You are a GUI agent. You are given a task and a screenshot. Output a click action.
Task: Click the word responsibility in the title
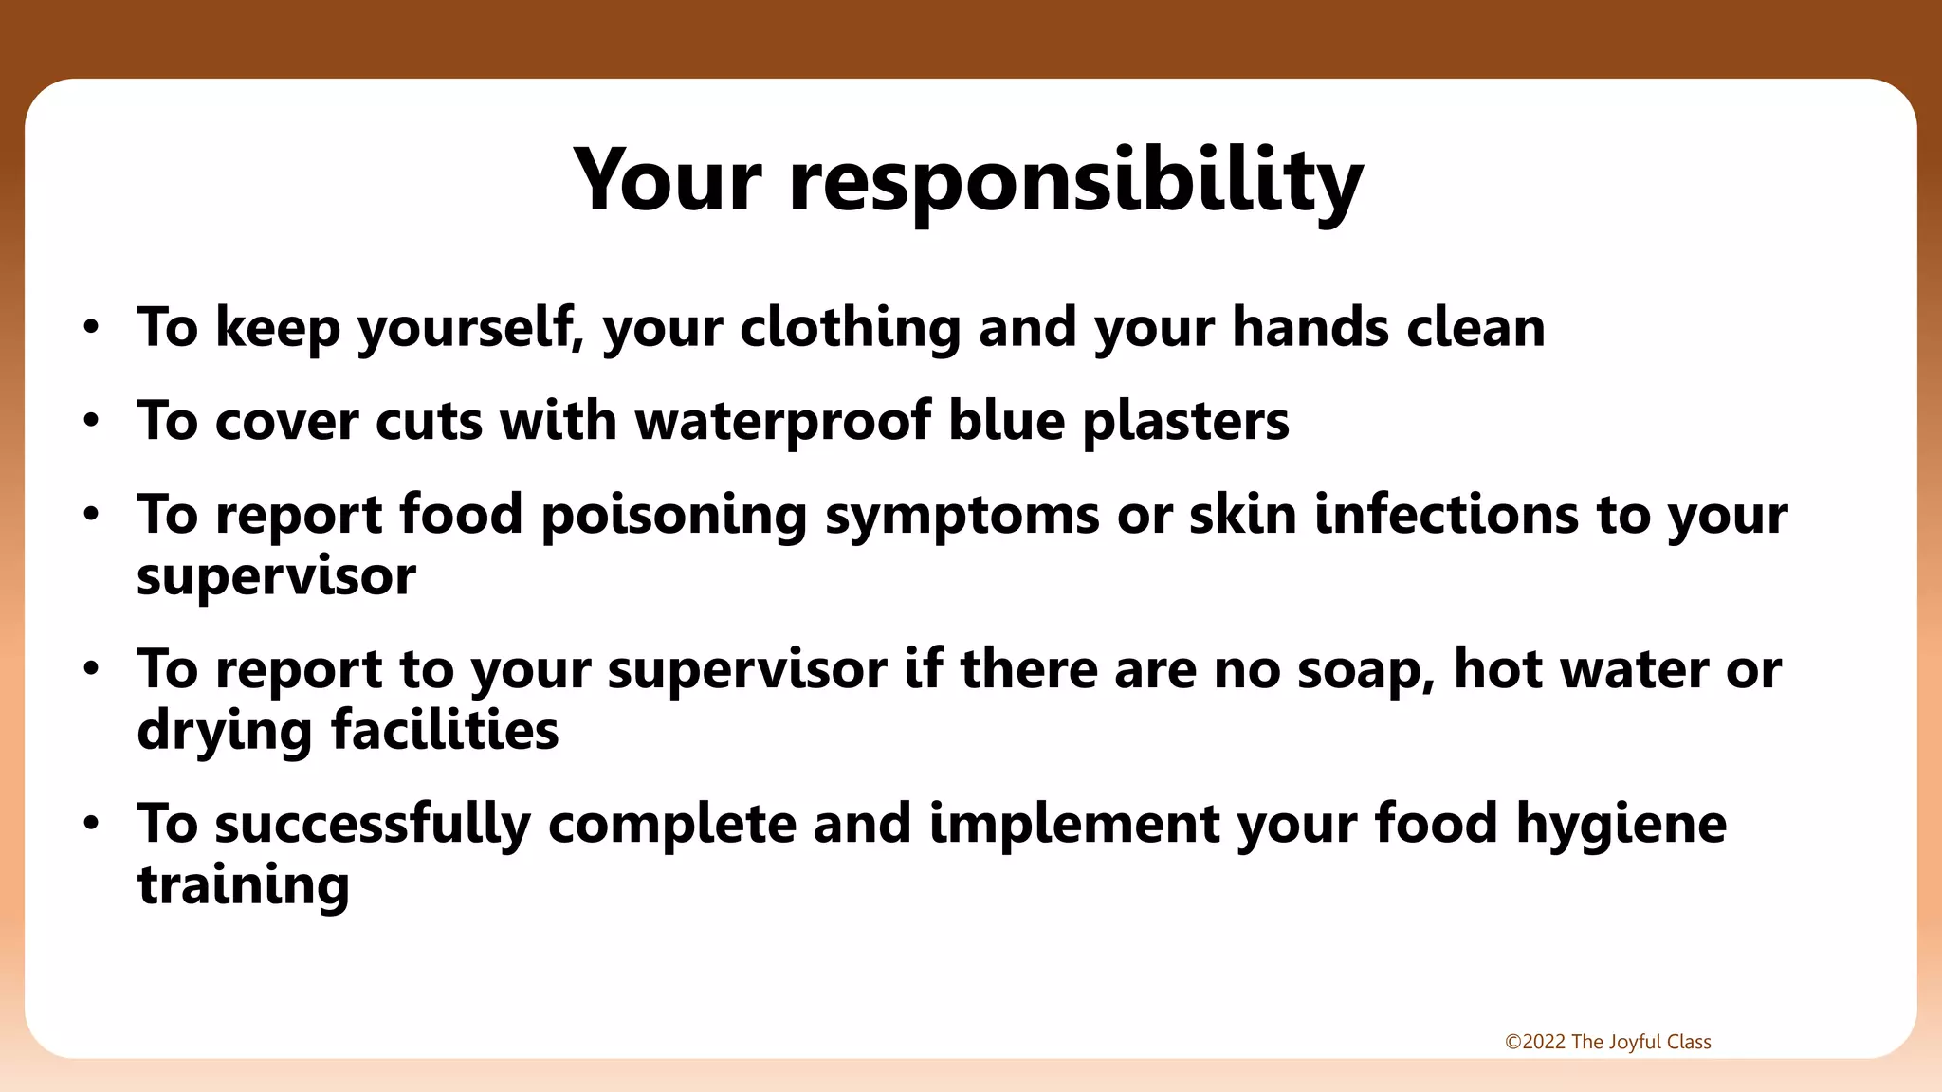[1075, 182]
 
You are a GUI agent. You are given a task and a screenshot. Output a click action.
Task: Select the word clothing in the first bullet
[850, 328]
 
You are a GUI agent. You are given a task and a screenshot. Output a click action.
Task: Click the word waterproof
[783, 421]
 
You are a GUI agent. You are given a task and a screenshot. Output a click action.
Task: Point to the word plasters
[1185, 421]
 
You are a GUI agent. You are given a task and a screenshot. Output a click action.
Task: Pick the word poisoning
[673, 515]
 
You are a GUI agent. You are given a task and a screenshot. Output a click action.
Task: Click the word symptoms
[962, 517]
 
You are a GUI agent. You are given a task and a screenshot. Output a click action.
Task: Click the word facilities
[445, 730]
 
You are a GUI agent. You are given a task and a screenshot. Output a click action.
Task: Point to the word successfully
[373, 824]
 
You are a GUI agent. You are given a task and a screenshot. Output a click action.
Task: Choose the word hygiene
[1621, 824]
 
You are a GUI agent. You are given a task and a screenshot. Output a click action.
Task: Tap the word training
[244, 885]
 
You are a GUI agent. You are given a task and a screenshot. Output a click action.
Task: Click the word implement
[1073, 824]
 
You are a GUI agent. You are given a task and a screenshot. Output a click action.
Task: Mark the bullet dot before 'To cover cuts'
[91, 421]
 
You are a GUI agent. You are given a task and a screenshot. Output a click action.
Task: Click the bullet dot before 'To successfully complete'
[91, 823]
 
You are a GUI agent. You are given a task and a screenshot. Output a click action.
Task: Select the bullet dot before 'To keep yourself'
[91, 328]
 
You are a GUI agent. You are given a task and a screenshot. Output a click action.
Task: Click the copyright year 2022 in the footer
[1543, 1042]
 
